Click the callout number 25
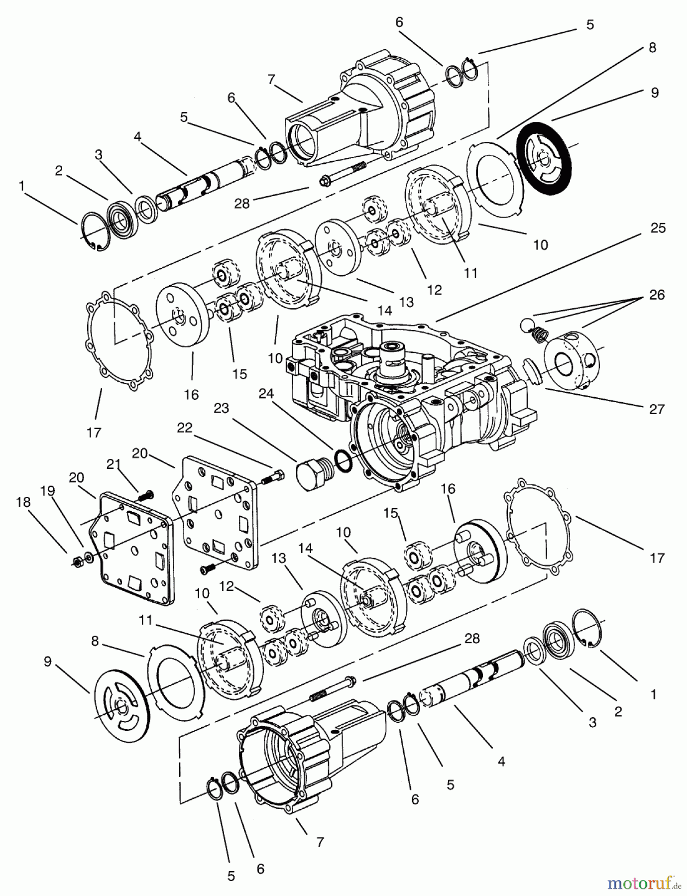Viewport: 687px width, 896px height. point(658,228)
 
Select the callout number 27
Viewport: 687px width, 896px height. point(657,409)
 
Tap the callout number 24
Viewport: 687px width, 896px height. point(266,393)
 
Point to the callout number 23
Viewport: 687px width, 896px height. point(221,408)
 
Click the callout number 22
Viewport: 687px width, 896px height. point(185,428)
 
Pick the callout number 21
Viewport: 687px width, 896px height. point(114,464)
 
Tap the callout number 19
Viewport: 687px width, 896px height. point(47,492)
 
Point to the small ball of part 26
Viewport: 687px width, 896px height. point(526,324)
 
